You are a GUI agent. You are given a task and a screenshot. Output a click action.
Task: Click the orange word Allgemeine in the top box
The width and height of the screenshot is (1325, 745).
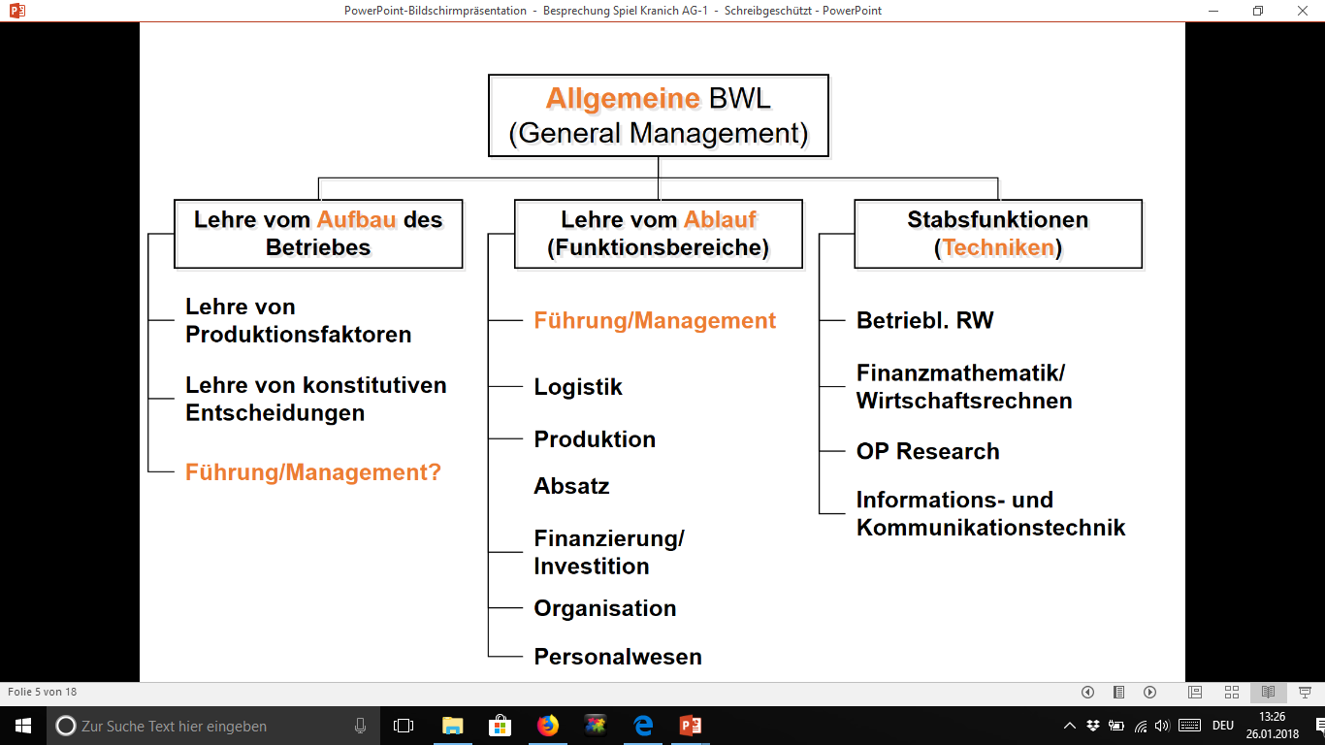tap(623, 98)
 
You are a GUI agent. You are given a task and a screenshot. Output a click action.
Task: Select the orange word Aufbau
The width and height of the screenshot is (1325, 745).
tap(356, 219)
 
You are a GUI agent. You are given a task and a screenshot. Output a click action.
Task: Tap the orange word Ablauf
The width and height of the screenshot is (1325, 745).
tap(720, 219)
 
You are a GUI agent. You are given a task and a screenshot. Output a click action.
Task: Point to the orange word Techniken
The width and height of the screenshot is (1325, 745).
tap(998, 247)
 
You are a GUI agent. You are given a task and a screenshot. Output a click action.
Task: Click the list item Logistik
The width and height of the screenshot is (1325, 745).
tap(578, 387)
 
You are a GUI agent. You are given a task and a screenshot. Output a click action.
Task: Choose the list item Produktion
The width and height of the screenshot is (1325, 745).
tap(595, 439)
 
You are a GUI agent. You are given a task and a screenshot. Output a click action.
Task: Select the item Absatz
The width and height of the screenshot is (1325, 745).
tap(571, 486)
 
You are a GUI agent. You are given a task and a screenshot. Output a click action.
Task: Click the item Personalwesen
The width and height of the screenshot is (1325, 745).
tap(618, 657)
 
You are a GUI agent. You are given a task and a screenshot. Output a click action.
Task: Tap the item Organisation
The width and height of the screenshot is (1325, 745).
tap(605, 608)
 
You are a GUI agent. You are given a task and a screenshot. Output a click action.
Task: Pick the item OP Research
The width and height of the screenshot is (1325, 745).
tap(927, 451)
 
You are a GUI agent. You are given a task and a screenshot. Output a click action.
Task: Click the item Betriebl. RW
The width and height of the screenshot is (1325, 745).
tap(924, 320)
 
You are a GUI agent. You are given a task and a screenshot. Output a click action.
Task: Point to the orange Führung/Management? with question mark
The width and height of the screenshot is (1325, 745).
tap(313, 472)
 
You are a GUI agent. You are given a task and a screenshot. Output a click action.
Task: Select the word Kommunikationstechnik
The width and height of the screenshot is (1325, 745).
tap(990, 528)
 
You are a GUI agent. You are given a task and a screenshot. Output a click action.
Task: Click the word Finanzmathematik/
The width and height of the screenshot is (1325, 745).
tap(960, 372)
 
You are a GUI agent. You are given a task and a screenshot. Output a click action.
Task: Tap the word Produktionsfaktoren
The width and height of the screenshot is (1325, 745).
tap(299, 335)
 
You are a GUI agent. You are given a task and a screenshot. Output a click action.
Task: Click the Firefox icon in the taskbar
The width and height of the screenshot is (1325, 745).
tap(548, 725)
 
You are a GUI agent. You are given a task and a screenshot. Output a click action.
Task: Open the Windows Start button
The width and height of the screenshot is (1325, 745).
tap(22, 725)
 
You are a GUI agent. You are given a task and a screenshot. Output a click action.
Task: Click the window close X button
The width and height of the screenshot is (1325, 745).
tap(1304, 11)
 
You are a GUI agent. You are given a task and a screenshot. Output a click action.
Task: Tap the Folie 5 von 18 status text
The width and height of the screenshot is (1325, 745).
tap(42, 692)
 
